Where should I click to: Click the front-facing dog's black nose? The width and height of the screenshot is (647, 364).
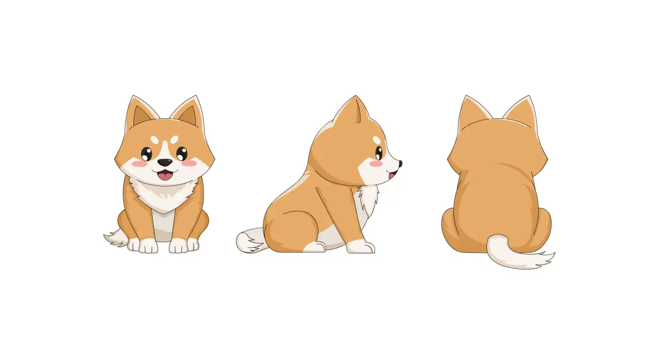click(x=164, y=163)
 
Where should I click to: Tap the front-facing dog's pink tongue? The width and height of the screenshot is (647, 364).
click(x=164, y=176)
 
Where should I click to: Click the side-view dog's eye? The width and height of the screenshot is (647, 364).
click(x=379, y=153)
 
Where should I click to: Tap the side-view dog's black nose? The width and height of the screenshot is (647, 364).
click(x=400, y=163)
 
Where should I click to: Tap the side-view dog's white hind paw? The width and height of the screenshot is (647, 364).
click(x=314, y=247)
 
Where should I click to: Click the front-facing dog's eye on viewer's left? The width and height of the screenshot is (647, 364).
click(x=146, y=153)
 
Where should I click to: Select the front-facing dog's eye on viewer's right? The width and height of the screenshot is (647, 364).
click(x=182, y=153)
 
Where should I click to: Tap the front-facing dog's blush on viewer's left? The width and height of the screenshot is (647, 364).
click(x=138, y=164)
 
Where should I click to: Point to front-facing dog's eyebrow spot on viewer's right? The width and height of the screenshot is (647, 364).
click(x=174, y=139)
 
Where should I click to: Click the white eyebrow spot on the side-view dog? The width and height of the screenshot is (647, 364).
click(x=377, y=140)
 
